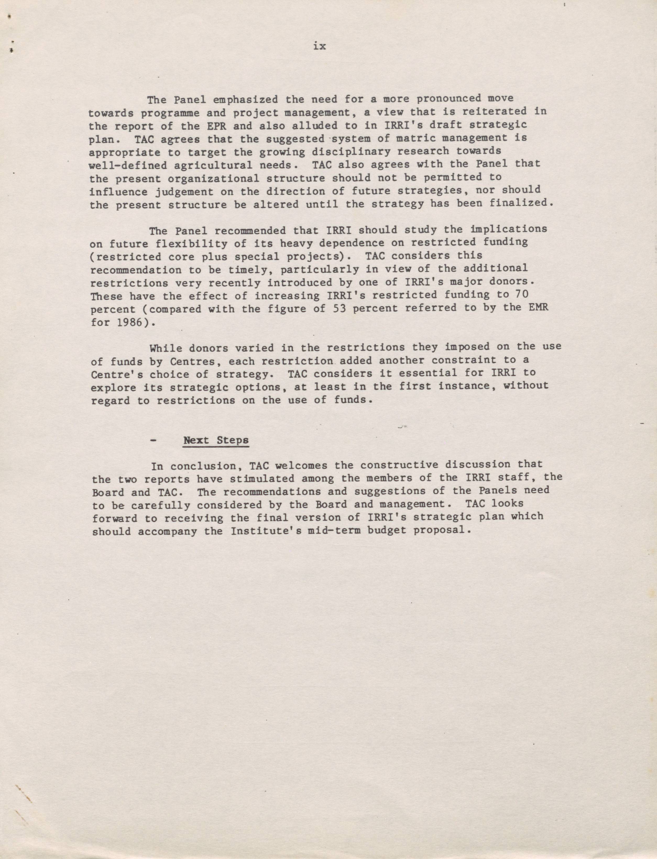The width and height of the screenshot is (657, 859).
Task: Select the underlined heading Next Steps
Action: (x=216, y=440)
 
